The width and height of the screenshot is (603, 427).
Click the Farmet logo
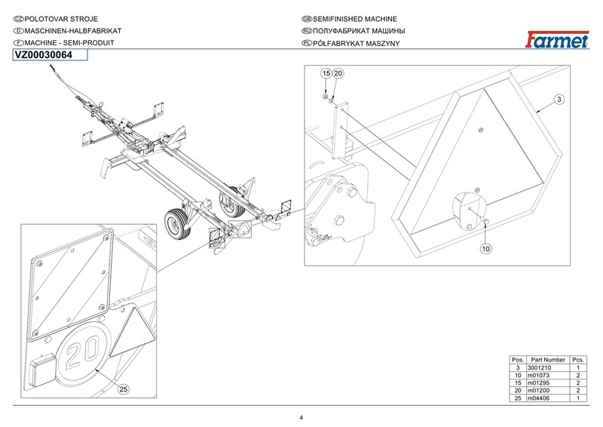pos(557,40)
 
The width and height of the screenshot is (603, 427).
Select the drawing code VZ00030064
pos(44,55)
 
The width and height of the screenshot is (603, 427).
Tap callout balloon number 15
pos(326,73)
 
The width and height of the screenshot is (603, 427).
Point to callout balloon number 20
pos(338,73)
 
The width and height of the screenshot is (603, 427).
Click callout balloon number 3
pos(559,100)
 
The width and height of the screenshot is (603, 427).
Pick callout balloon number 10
pos(486,249)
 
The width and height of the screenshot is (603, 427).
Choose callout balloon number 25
pos(123,389)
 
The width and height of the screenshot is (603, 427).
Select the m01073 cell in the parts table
pos(538,376)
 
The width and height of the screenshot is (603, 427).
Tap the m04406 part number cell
pos(538,398)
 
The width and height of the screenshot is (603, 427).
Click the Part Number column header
pos(548,360)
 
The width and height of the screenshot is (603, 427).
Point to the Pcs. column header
pos(578,360)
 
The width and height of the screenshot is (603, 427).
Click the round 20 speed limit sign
pos(83,352)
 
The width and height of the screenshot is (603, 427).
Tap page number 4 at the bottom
pos(301,418)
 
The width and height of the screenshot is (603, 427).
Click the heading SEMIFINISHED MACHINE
pos(355,19)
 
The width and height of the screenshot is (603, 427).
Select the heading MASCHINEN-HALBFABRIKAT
pos(73,31)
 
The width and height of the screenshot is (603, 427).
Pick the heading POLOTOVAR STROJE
pos(61,19)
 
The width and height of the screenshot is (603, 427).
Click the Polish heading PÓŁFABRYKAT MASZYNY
pos(357,43)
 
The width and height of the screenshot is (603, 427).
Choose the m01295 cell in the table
pos(538,382)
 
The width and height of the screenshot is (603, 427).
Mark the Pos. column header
pos(518,360)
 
